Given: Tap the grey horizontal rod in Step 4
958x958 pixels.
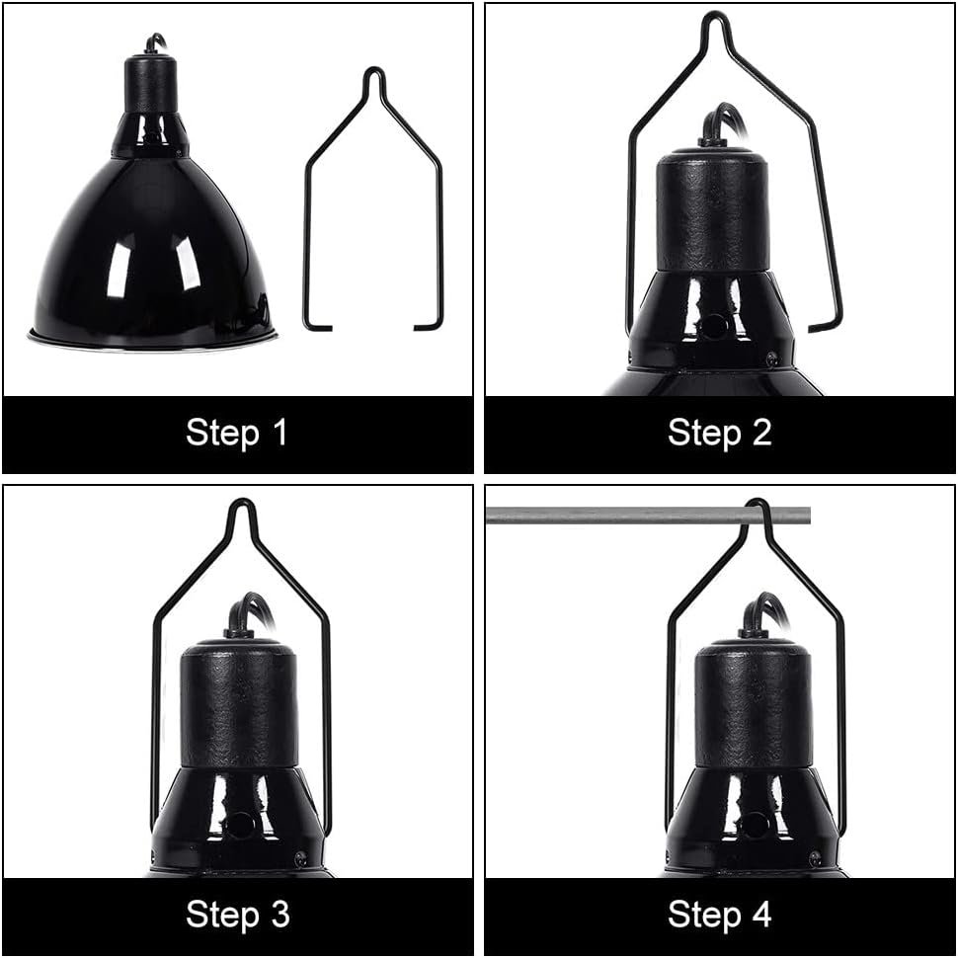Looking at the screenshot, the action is pyautogui.click(x=648, y=516).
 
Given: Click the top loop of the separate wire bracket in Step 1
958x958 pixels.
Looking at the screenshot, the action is pyautogui.click(x=374, y=79).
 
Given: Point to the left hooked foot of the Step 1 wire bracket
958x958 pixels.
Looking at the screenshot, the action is pyautogui.click(x=317, y=325).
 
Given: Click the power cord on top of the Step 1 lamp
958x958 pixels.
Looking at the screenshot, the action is pyautogui.click(x=155, y=42).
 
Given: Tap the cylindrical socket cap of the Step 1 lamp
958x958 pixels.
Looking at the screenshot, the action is pyautogui.click(x=151, y=84).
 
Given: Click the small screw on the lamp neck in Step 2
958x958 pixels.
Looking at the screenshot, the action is pyautogui.click(x=771, y=356).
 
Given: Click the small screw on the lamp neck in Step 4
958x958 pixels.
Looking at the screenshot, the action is pyautogui.click(x=814, y=859).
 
